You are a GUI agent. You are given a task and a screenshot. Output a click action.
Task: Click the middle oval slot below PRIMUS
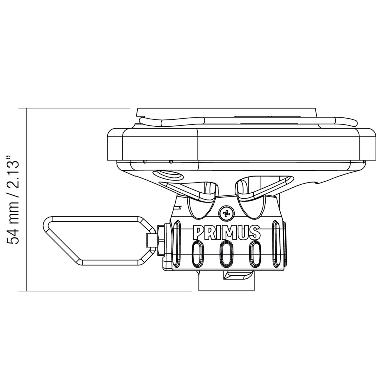[226, 254]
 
